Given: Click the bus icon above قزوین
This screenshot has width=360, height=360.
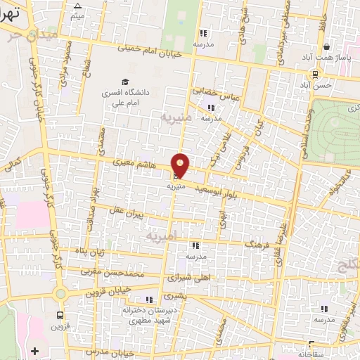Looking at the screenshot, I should click(x=61, y=316).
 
